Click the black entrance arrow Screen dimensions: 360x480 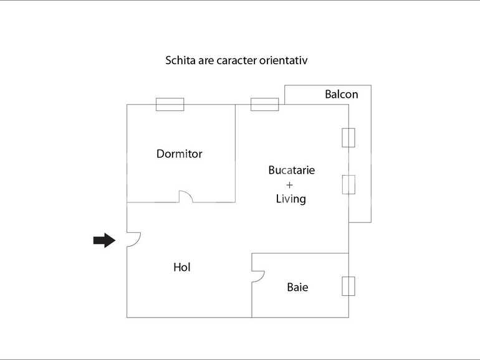coord(104,240)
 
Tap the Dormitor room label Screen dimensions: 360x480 coord(179,154)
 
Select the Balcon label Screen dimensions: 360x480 coord(341,95)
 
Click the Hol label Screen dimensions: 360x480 coord(181,267)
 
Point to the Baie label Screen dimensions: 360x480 coord(297,287)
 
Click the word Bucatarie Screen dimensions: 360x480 coord(291,170)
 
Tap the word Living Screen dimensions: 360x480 coord(290,199)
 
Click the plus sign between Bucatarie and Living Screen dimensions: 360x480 coord(289,185)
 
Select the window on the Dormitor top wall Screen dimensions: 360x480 coord(170,104)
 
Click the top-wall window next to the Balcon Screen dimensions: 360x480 coord(264,104)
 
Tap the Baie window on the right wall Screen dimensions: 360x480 coord(348,285)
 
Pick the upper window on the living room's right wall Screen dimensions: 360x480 coord(348,138)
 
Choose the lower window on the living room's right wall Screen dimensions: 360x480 coord(348,184)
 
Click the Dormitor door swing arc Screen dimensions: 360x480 coord(186,196)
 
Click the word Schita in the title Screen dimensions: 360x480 coord(179,61)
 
